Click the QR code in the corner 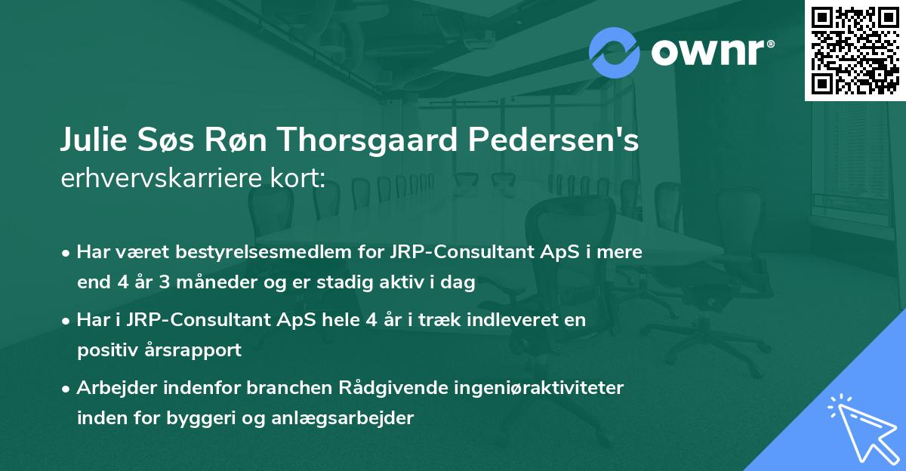pyautogui.click(x=855, y=50)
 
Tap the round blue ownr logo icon pyautogui.click(x=615, y=51)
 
